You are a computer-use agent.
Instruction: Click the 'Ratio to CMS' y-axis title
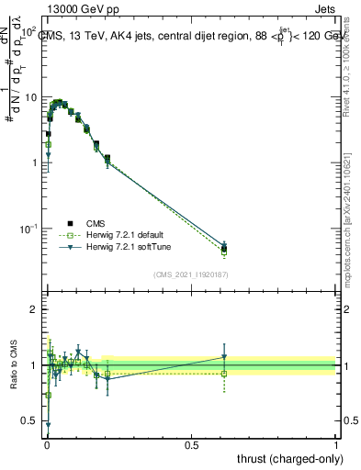[x=15, y=365]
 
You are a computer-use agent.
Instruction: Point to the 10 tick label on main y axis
[x=32, y=97]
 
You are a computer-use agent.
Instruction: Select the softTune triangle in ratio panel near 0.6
[x=224, y=357]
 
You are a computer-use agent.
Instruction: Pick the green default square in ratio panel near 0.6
[x=224, y=373]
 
